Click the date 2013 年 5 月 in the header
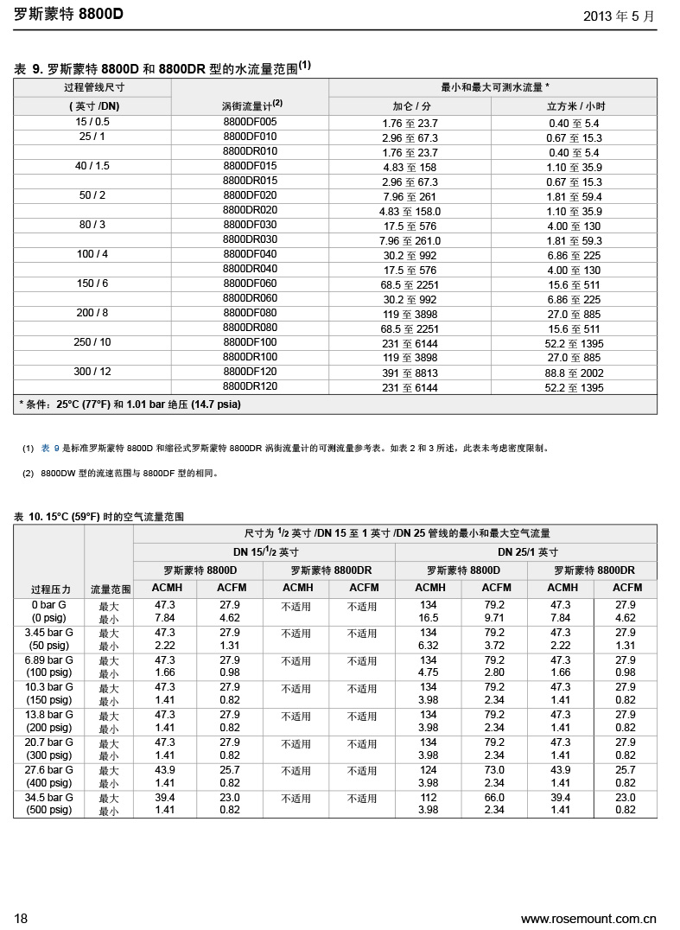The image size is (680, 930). point(619,16)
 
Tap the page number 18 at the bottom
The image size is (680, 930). point(21,918)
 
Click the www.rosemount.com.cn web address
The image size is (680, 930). point(588,918)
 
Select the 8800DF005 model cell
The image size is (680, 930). point(250,122)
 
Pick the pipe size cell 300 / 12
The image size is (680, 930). point(92,372)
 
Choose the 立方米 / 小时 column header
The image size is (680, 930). point(575,105)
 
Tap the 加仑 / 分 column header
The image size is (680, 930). point(411,105)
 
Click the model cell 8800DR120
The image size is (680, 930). point(250,386)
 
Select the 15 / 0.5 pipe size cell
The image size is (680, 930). point(92,122)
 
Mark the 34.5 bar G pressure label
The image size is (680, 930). point(49,797)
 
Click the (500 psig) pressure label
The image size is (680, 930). point(49,810)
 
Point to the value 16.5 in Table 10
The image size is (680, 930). point(428,618)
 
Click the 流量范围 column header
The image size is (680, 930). point(111,589)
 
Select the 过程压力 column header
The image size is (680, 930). point(50,589)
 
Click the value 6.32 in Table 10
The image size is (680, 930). point(428,646)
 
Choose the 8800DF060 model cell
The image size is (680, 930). point(250,283)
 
